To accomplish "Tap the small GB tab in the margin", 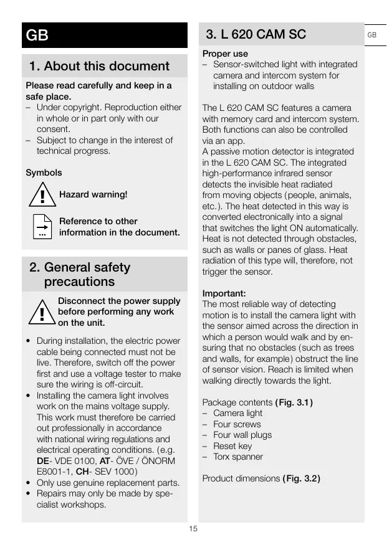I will click(x=371, y=35).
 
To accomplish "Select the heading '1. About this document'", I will click(x=99, y=66).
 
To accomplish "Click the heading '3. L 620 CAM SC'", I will click(x=256, y=34).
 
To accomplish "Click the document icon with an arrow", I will click(x=42, y=227).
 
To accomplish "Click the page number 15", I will click(x=193, y=529).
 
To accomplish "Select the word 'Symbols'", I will click(x=44, y=173).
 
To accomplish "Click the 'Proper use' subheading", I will click(x=225, y=54).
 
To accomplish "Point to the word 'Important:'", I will click(x=224, y=293).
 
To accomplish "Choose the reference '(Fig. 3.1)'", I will click(x=294, y=402).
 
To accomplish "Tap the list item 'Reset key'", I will click(x=232, y=446).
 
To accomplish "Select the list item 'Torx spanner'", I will click(x=238, y=457).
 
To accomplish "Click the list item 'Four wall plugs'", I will click(x=242, y=435).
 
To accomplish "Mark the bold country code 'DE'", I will click(x=44, y=461).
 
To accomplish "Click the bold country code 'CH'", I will click(x=82, y=472).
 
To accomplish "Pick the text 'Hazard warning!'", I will click(x=93, y=195).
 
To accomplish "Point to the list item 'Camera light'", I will click(x=237, y=413).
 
